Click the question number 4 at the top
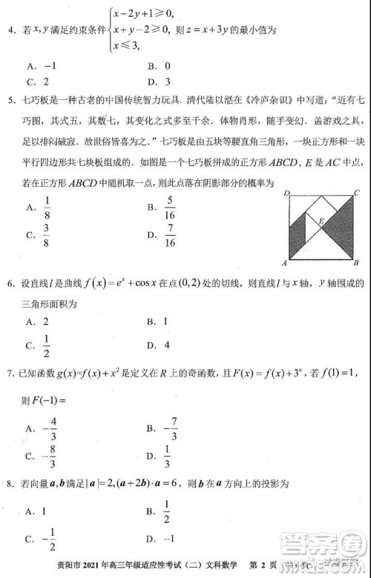[10, 30]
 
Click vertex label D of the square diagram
[286, 193]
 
